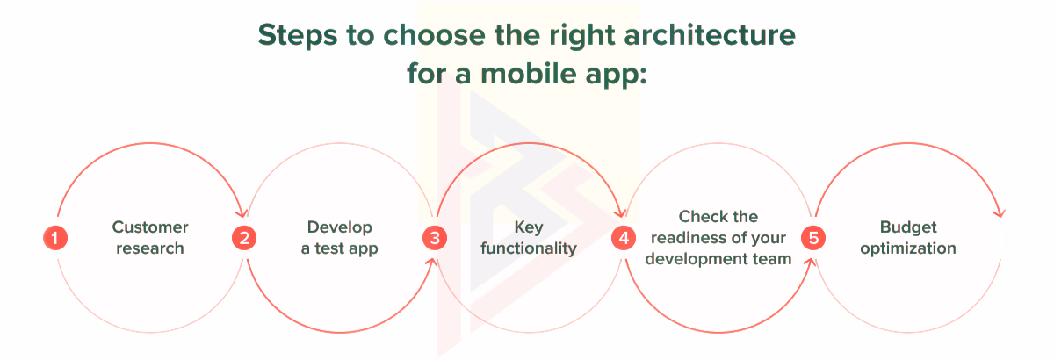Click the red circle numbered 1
[x=55, y=238]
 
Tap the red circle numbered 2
[x=244, y=238]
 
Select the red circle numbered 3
[x=434, y=238]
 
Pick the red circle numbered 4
[x=624, y=238]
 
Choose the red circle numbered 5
[x=812, y=238]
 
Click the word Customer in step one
[x=150, y=227]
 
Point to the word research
[x=150, y=248]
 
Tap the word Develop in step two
[x=340, y=227]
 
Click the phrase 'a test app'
[x=340, y=248]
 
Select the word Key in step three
[x=529, y=227]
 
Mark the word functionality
[x=529, y=248]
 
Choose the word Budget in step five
[x=907, y=227]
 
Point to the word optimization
[x=907, y=248]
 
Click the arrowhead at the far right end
[x=998, y=214]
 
